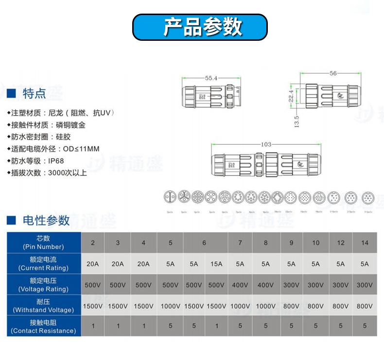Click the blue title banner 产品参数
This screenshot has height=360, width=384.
coord(200,27)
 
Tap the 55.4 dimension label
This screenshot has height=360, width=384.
coord(211,78)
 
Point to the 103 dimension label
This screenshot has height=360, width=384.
coord(266,144)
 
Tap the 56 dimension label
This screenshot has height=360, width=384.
coord(333,74)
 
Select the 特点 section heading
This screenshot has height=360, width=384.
coord(34,93)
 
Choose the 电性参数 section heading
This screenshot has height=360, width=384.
coord(46,221)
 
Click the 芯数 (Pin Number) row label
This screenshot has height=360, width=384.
coord(43,242)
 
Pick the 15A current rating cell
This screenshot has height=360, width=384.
coord(216,264)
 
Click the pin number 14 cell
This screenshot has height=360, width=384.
coord(365,243)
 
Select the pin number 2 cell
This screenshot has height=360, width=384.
coord(93,243)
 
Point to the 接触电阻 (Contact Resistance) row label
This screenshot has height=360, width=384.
coord(43,326)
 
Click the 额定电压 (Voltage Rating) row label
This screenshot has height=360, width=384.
coord(43,285)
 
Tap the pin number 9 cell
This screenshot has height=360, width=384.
coord(291,243)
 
